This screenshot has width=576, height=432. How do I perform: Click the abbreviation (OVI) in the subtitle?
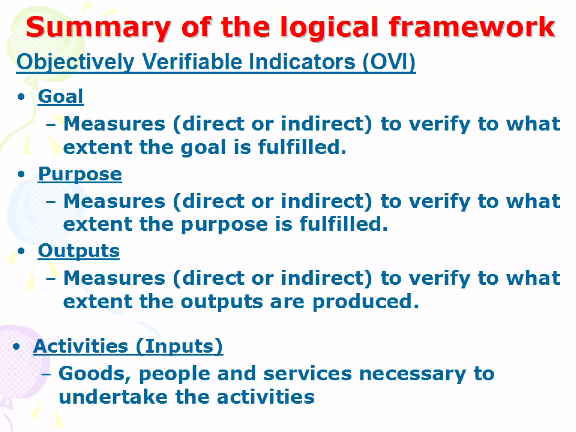[x=389, y=62]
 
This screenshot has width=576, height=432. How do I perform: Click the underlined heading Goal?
[x=60, y=96]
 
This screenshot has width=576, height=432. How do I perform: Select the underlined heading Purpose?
[x=80, y=174]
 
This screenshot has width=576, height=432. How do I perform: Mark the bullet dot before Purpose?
[x=21, y=174]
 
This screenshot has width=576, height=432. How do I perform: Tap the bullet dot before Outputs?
[x=21, y=251]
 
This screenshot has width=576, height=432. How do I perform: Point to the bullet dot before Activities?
[x=16, y=346]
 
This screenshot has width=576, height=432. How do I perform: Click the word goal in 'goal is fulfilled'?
[x=203, y=147]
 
